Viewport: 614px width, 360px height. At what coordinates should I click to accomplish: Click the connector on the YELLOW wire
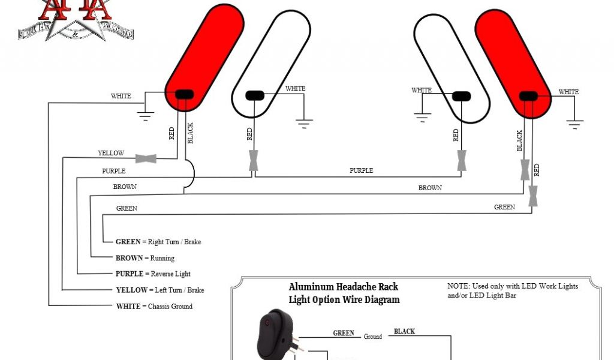tap(146, 158)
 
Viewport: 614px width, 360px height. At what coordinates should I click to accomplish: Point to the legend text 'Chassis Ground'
tap(170, 306)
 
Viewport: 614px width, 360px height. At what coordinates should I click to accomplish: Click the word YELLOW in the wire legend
tap(131, 290)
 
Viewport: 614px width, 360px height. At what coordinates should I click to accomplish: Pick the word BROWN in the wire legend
tap(129, 258)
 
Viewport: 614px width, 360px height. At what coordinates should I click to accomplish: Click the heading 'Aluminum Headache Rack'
tap(343, 287)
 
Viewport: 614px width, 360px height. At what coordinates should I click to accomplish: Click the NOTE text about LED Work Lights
tap(513, 290)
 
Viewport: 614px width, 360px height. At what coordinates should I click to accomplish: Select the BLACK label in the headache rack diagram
tap(404, 331)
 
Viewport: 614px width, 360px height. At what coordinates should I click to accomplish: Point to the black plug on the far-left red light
tap(183, 94)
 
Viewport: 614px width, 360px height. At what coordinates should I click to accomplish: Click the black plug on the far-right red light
tap(528, 96)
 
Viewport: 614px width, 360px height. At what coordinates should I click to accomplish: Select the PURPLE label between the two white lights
tap(361, 170)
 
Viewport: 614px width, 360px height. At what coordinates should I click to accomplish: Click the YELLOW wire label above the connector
tap(111, 153)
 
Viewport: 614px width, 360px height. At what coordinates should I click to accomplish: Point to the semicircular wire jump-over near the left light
tap(191, 174)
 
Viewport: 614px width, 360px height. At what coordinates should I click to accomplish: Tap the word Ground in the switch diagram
tap(373, 337)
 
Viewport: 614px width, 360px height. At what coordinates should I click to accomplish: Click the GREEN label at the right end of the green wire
tap(504, 207)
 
